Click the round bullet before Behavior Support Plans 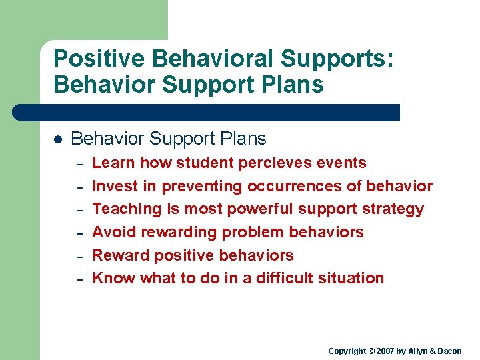click(x=57, y=139)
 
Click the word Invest click(x=114, y=186)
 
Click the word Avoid click(x=112, y=232)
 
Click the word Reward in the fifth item click(x=120, y=255)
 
